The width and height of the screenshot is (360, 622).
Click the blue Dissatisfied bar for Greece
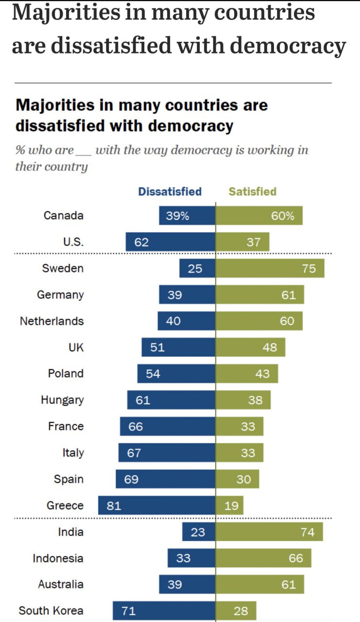click(156, 505)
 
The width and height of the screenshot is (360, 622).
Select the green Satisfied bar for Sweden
click(270, 268)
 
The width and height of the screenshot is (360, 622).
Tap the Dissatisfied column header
click(170, 191)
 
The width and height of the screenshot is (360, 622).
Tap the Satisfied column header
click(252, 191)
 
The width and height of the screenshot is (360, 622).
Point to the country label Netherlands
click(51, 321)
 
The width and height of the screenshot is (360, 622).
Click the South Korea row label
click(51, 611)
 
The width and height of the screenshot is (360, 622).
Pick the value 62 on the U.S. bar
click(141, 242)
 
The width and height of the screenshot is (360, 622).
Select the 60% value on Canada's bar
click(283, 216)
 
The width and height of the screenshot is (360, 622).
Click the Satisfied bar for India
click(269, 532)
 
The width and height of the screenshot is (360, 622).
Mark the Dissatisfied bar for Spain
click(165, 479)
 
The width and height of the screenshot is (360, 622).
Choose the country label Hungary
click(62, 400)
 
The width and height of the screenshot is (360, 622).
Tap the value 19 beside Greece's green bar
click(232, 506)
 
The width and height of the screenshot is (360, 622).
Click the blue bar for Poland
click(176, 374)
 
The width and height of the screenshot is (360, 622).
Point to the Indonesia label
click(58, 558)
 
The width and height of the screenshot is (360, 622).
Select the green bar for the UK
click(250, 347)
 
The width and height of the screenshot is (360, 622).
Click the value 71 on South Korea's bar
click(128, 611)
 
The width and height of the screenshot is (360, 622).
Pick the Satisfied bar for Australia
click(259, 585)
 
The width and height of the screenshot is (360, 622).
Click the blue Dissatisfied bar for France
click(168, 427)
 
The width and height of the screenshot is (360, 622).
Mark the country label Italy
click(73, 453)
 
